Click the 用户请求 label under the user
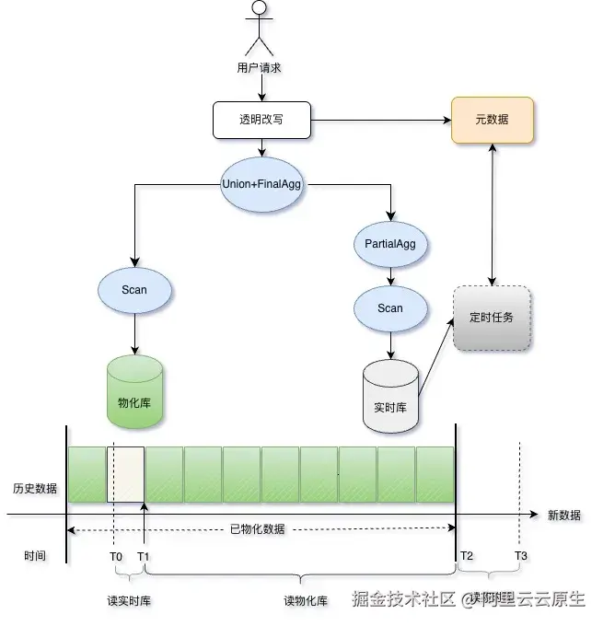[259, 67]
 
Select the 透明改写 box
[261, 120]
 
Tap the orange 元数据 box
[492, 120]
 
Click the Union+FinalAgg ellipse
[261, 183]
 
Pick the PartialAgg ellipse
[390, 245]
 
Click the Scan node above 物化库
[134, 290]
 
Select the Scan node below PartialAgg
[390, 307]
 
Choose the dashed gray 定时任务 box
[492, 318]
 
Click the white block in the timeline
[125, 474]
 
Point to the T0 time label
[115, 556]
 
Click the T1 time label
[144, 556]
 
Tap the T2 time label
[467, 556]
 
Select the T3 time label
[521, 556]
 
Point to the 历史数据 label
[35, 488]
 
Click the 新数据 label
[563, 516]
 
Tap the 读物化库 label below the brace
[306, 601]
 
